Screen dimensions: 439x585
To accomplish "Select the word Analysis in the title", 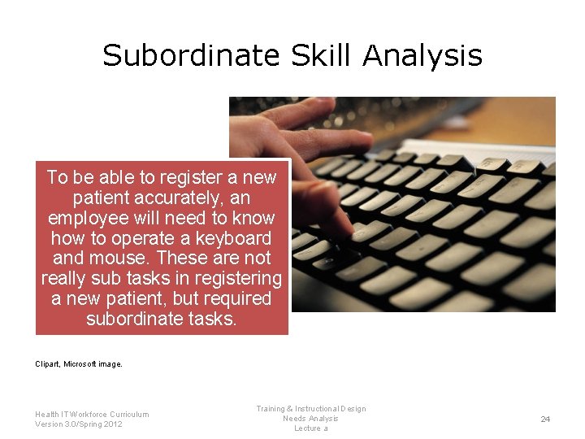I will pos(422,55).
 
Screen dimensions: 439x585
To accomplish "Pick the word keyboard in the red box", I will pos(233,238).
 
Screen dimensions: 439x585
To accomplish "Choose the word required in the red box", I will pos(235,298).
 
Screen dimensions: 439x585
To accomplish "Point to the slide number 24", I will pos(545,419).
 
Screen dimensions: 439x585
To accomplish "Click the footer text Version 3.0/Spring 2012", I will pos(79,424).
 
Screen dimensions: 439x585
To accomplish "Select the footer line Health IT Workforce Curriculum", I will pos(92,414).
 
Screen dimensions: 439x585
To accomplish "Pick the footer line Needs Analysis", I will pos(310,419).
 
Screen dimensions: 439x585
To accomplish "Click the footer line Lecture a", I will pos(310,428).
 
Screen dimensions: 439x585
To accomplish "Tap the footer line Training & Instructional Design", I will pos(310,409).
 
